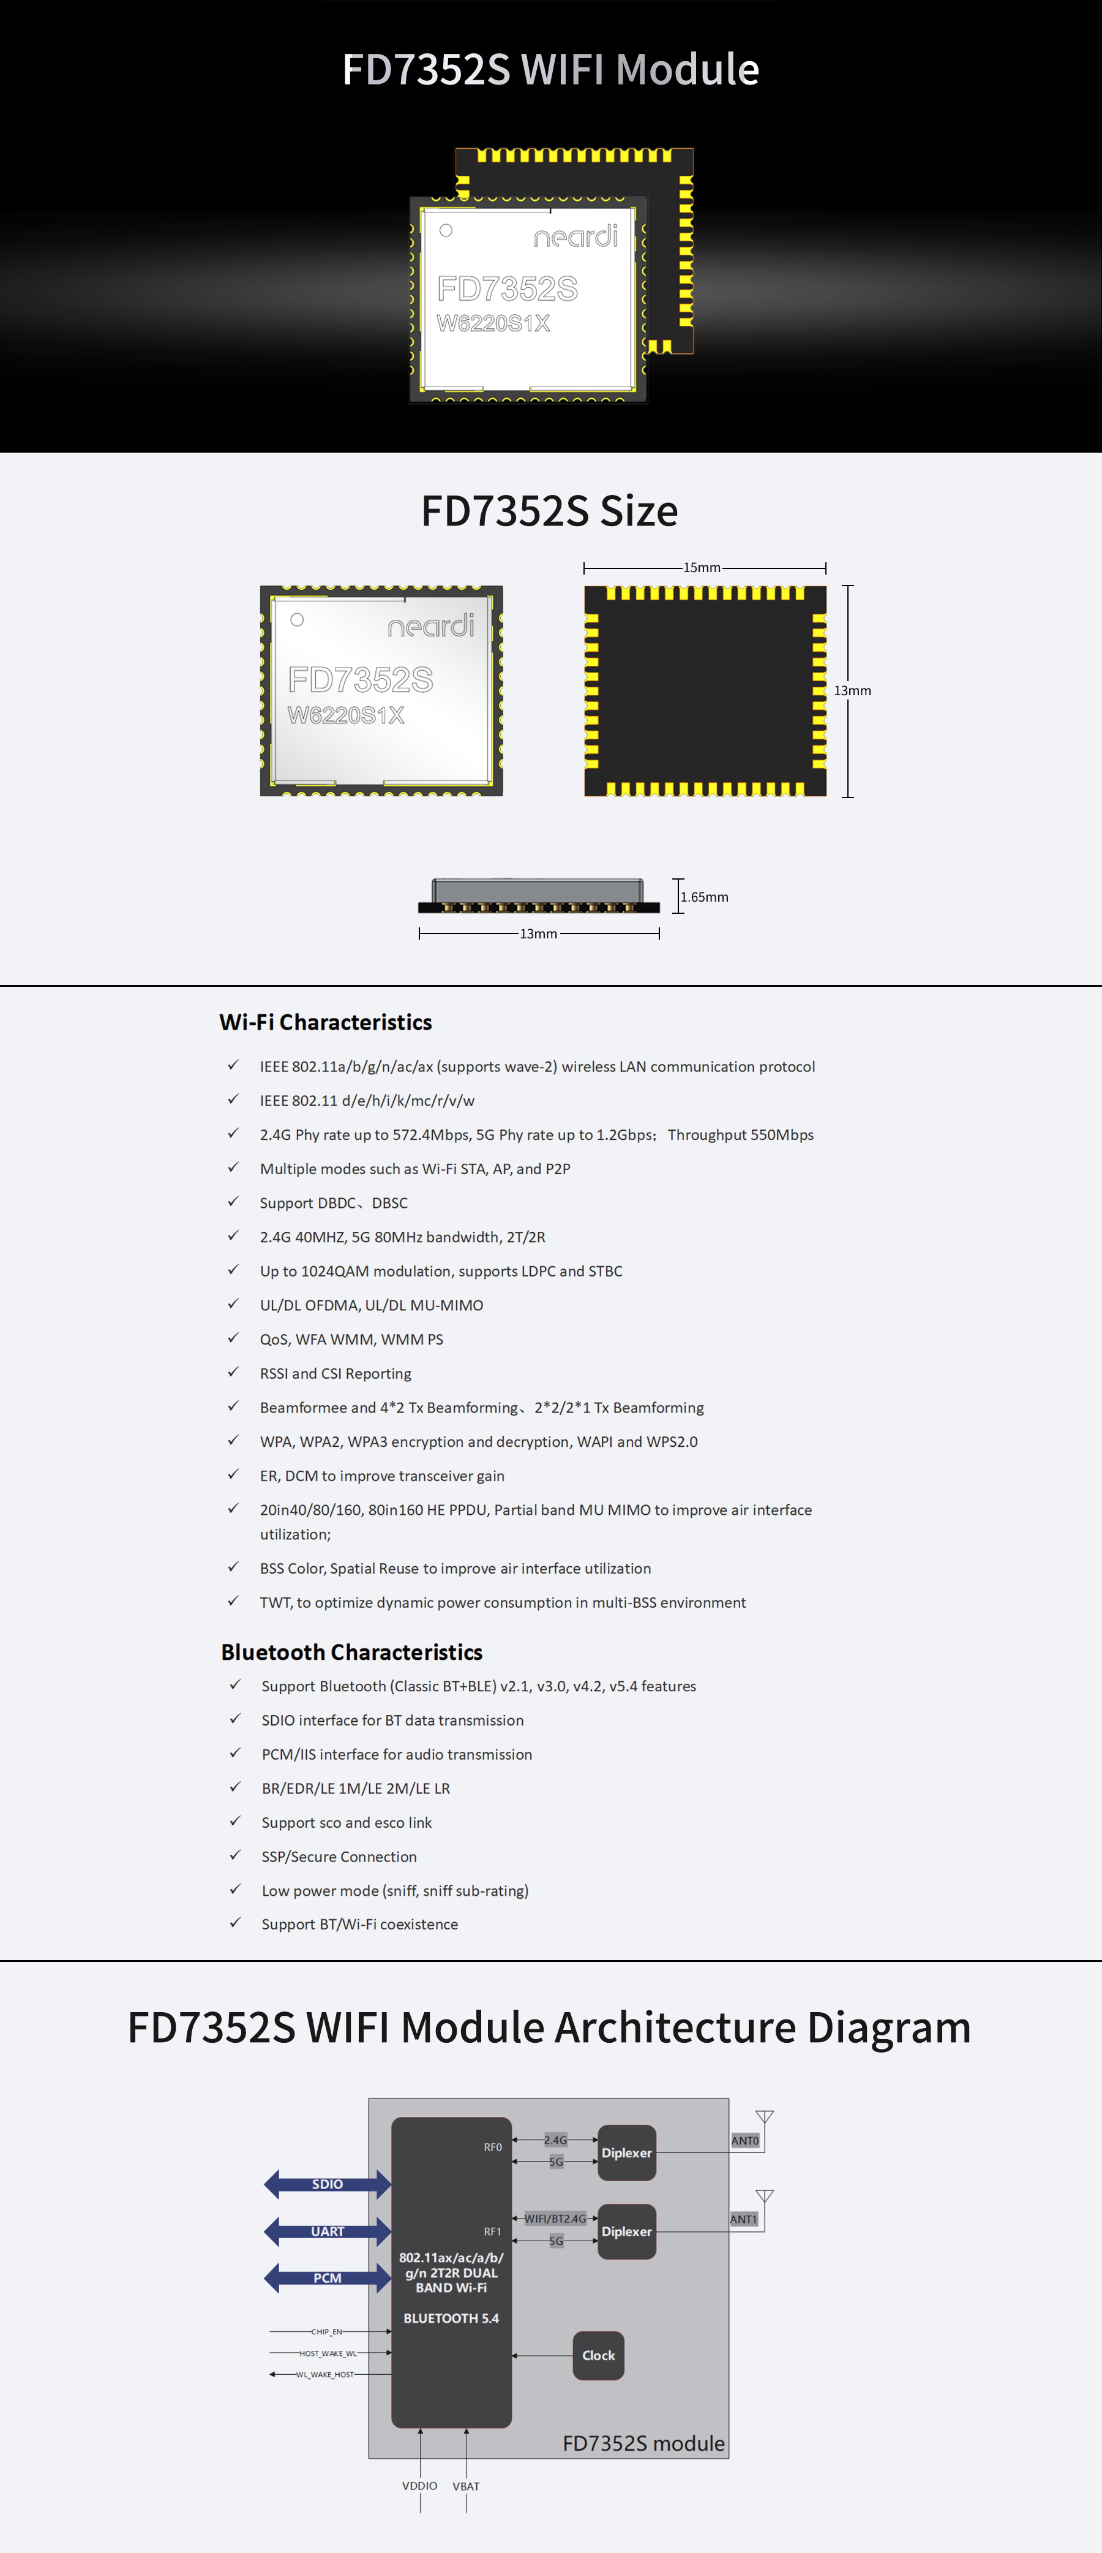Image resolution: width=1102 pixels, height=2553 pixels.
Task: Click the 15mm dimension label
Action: point(702,568)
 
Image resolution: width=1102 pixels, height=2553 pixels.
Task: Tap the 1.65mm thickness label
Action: point(705,897)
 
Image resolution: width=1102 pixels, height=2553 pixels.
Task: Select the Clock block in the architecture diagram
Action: point(599,2356)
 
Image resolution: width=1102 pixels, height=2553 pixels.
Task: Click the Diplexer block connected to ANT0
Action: point(626,2152)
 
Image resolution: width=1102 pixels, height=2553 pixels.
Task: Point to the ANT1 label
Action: point(743,2219)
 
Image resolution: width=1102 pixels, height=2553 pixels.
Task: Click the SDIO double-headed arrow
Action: point(327,2183)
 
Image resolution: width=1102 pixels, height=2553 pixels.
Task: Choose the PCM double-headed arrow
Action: point(327,2277)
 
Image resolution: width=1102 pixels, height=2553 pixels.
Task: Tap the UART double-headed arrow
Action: point(327,2231)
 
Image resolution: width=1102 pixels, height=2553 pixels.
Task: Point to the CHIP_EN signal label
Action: point(326,2332)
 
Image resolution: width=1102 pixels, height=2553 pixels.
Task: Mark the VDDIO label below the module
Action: point(419,2486)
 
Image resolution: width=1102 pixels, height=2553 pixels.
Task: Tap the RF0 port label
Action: point(492,2147)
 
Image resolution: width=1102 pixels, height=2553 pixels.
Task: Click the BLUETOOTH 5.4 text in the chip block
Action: point(451,2318)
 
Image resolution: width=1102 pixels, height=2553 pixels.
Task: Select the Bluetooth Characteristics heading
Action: point(352,1652)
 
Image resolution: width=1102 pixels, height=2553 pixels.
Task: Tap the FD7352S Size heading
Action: point(550,511)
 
